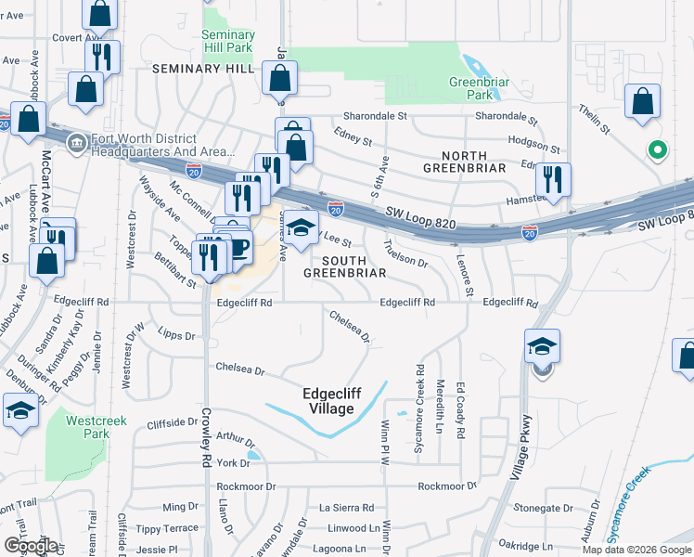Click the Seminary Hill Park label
[x=227, y=41]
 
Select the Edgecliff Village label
[x=328, y=400]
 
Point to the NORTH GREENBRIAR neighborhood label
[x=463, y=161]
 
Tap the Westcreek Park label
[x=89, y=426]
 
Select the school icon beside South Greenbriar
[x=300, y=227]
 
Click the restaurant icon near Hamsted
[x=553, y=178]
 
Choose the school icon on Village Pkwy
[x=542, y=347]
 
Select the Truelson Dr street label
[x=405, y=256]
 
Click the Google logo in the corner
[x=31, y=546]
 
